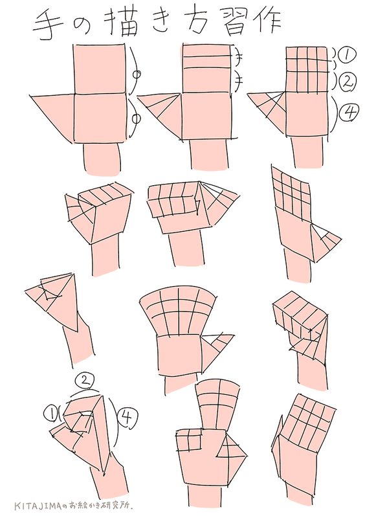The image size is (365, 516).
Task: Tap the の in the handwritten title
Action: point(82,26)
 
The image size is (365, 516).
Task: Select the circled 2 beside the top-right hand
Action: point(348,82)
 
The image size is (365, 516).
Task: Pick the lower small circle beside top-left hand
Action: point(135,118)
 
